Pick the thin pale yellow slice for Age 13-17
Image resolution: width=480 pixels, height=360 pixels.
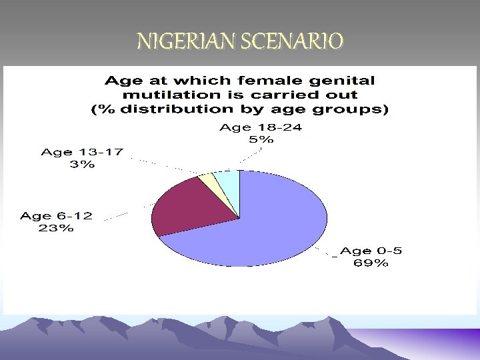tap(209, 180)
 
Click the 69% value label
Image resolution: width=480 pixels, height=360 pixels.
tap(371, 263)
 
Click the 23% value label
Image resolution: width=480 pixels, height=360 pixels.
tap(56, 229)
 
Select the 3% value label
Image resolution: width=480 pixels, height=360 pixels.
tap(82, 165)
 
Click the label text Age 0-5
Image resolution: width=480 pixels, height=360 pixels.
tap(371, 251)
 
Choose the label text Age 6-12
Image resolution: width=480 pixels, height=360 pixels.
tap(57, 216)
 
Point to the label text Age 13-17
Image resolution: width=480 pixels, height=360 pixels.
tap(82, 152)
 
